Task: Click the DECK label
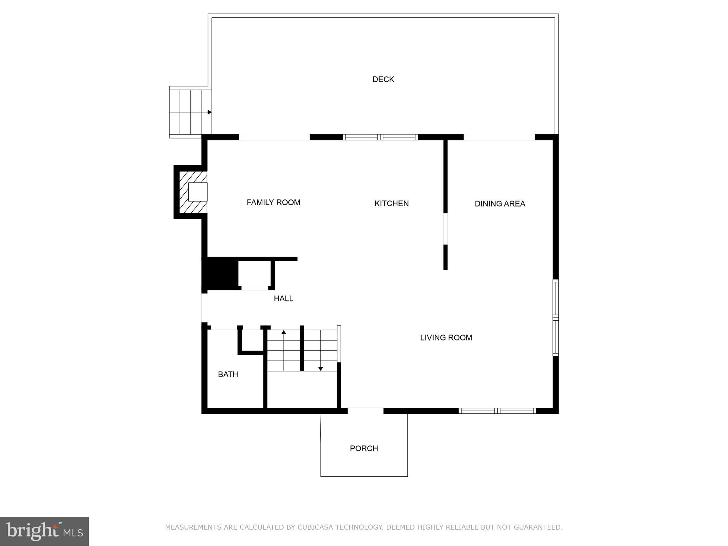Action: pos(383,79)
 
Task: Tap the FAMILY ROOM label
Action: pos(273,202)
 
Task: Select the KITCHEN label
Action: pos(391,203)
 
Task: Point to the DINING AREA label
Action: pos(499,204)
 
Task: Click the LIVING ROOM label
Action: pos(446,338)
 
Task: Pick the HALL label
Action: pos(283,299)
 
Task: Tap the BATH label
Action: pos(228,374)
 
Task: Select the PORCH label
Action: pos(364,449)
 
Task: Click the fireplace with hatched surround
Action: pos(192,192)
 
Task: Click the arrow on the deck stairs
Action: pos(209,112)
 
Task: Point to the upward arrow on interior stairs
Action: pos(284,332)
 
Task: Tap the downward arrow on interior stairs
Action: pos(320,369)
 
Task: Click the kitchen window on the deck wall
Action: pos(380,137)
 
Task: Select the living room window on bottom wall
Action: pos(497,411)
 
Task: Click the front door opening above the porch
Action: pos(365,411)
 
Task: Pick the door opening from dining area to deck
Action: pos(499,137)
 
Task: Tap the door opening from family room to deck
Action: pos(274,137)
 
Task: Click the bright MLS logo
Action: pos(44,531)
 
